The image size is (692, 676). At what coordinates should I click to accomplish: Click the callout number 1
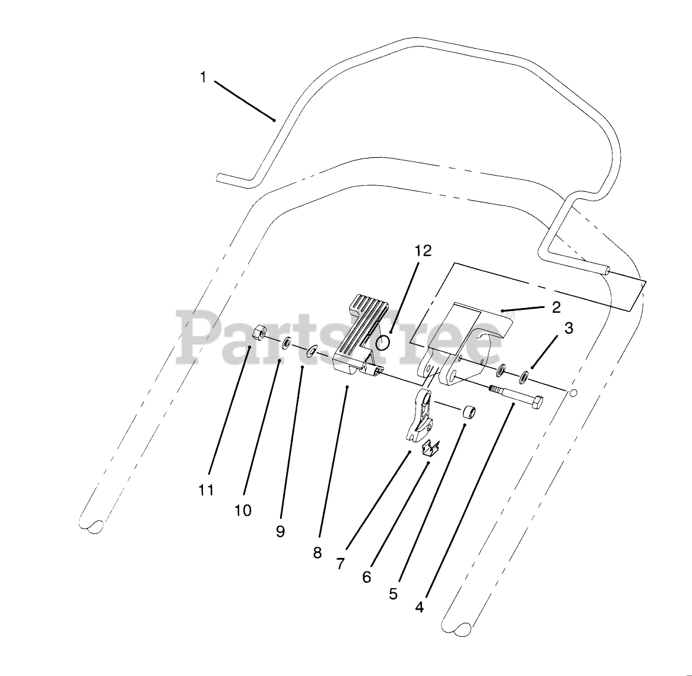click(x=203, y=78)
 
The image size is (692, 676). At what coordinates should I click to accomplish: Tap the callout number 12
click(x=423, y=251)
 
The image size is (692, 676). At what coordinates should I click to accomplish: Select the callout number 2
click(x=556, y=307)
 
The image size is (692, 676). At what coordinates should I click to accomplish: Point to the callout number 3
click(x=569, y=328)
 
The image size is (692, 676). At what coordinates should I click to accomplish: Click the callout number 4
click(x=420, y=608)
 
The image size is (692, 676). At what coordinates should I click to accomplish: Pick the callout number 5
click(x=393, y=594)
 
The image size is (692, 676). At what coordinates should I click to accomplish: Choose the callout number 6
click(x=366, y=577)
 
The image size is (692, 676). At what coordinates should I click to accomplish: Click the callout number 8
click(x=318, y=553)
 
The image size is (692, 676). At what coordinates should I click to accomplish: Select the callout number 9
click(x=280, y=532)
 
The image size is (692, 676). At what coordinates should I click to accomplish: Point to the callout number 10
click(x=243, y=510)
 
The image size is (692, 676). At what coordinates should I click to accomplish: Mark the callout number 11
click(x=205, y=490)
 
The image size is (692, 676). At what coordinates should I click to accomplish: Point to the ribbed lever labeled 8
click(x=358, y=338)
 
